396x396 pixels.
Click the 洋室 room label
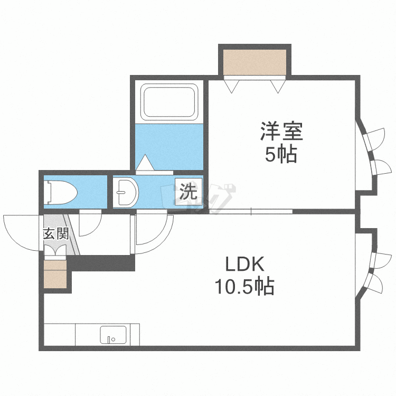pyautogui.click(x=280, y=131)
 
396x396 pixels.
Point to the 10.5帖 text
pyautogui.click(x=244, y=287)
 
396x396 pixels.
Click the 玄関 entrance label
pyautogui.click(x=55, y=233)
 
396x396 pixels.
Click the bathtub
pyautogui.click(x=169, y=102)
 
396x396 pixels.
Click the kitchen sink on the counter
pyautogui.click(x=113, y=336)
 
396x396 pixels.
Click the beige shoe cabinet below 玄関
pyautogui.click(x=56, y=274)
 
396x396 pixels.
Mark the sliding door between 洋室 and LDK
pyautogui.click(x=250, y=212)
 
